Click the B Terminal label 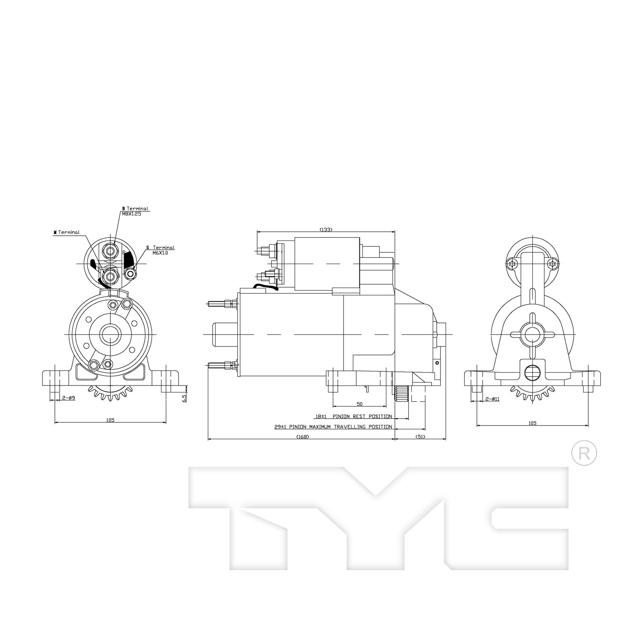[x=135, y=209]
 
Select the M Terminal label [x=67, y=232]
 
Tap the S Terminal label [x=161, y=248]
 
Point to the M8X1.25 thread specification [x=131, y=214]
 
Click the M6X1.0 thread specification [x=160, y=253]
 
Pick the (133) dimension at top [x=326, y=230]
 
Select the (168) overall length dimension [x=302, y=437]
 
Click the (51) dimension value [x=420, y=437]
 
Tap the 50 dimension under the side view [x=360, y=404]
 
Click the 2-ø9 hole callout [x=69, y=398]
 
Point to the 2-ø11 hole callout [x=492, y=399]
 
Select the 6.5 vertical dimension [x=184, y=398]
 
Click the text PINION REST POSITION [x=362, y=416]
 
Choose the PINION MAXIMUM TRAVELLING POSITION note [x=340, y=427]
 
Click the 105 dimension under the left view [x=110, y=420]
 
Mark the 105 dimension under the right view [x=532, y=423]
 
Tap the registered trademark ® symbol [x=584, y=453]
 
